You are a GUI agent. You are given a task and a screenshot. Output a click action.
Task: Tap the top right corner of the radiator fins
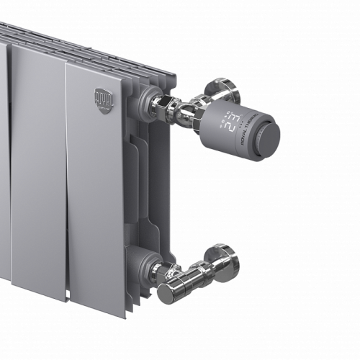click(171, 73)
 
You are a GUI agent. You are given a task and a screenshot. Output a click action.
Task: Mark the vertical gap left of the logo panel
click(66, 180)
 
